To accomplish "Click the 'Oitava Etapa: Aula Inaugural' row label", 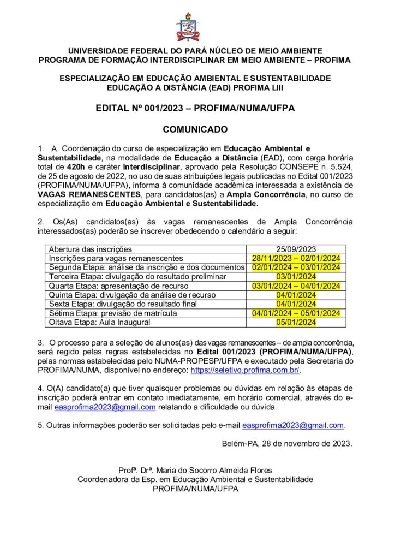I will [x=100, y=323].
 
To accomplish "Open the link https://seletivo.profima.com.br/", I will [x=245, y=370].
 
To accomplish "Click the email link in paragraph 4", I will [x=105, y=407].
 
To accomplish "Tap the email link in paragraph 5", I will [x=293, y=425].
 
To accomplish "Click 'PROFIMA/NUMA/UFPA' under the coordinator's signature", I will [x=195, y=489].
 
